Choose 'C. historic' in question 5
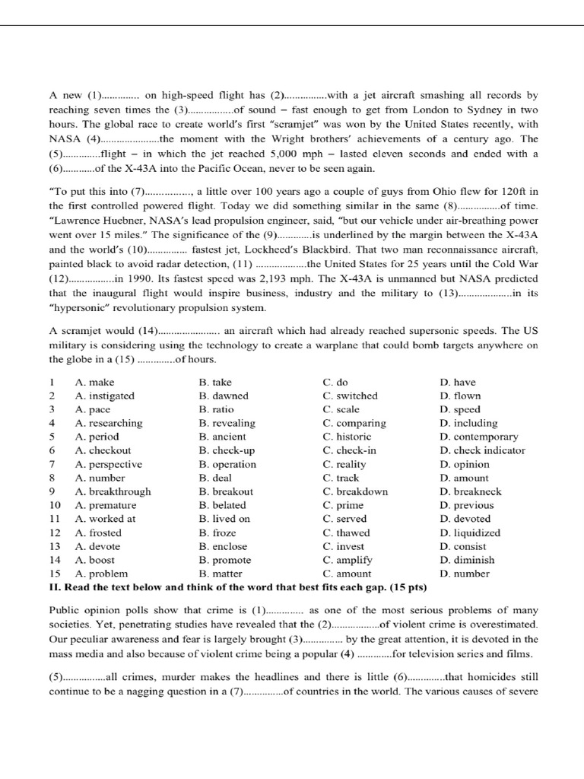(x=347, y=437)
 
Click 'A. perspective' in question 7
(x=108, y=464)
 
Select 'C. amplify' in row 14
(x=348, y=560)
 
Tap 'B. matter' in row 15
(x=217, y=574)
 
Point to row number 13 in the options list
(x=54, y=546)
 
